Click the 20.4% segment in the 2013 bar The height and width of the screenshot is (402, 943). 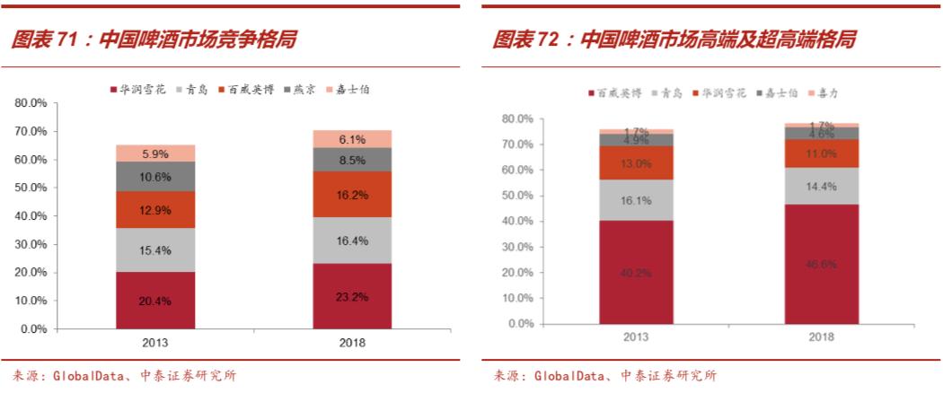(x=155, y=301)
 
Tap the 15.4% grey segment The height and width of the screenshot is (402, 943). (x=155, y=250)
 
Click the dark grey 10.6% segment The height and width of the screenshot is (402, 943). (x=155, y=177)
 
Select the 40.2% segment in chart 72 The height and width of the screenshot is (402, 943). (x=637, y=272)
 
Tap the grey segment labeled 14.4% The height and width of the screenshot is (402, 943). (x=821, y=187)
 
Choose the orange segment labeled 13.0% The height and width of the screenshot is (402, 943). (x=637, y=163)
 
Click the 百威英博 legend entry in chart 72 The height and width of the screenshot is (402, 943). (x=616, y=93)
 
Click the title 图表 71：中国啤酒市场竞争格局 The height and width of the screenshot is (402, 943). (x=153, y=39)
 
